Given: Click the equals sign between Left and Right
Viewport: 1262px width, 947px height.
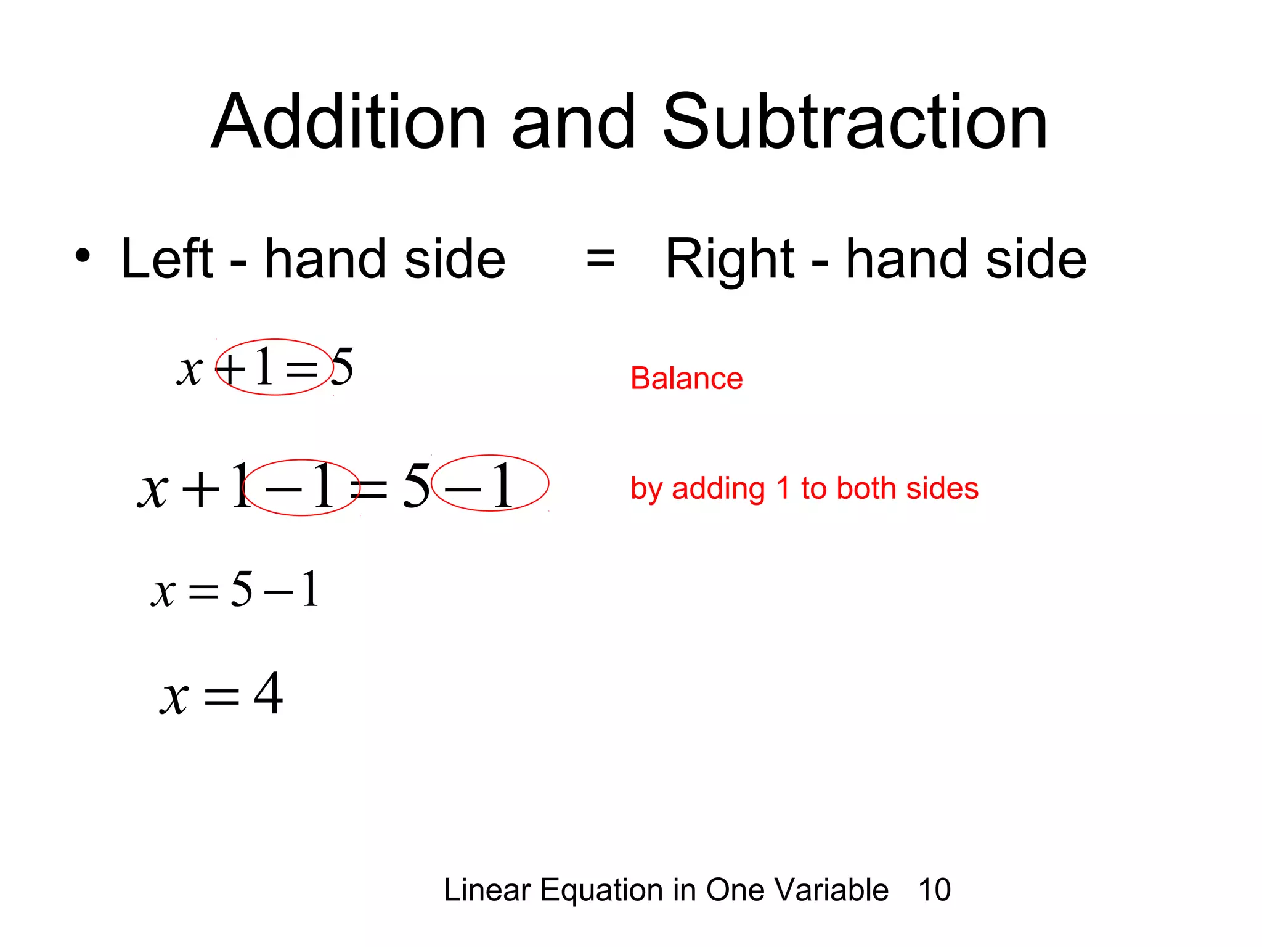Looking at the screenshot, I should pos(600,258).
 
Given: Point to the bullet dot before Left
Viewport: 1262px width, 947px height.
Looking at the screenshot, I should pos(83,255).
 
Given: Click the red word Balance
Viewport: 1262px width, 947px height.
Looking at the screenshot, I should pos(686,378).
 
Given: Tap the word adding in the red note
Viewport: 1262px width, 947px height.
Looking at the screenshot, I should pos(718,490).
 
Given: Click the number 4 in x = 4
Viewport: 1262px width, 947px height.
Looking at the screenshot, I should pos(269,694).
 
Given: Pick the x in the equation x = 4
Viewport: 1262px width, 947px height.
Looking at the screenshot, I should pos(174,698).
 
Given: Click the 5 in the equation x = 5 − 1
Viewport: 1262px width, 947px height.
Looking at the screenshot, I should pos(242,588).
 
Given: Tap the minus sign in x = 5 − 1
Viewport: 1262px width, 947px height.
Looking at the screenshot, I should pos(278,592).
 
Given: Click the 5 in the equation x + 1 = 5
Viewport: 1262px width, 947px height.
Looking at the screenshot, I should pos(342,366).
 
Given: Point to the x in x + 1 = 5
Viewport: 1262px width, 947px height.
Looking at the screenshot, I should pos(189,371).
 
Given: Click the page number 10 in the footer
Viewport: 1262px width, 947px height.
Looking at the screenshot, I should pos(934,890).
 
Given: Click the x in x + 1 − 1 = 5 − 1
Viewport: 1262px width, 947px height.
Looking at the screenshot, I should pos(152,490).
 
